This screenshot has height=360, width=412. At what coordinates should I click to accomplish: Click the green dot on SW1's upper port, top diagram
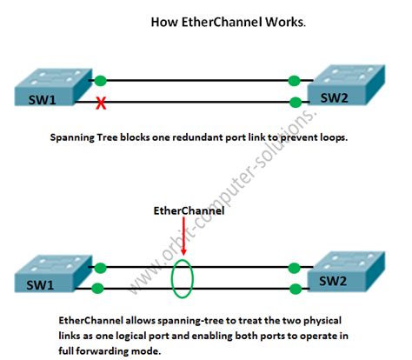101,79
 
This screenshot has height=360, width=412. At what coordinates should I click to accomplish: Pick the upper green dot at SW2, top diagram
296,80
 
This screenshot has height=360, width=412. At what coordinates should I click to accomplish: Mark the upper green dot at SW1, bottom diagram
101,269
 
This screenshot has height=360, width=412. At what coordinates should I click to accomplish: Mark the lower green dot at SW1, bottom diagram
101,288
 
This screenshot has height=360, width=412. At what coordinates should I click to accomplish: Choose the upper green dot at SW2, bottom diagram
296,269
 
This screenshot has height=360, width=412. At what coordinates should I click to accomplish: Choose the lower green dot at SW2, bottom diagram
296,288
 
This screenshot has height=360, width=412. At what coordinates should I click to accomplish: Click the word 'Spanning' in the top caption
75,137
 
